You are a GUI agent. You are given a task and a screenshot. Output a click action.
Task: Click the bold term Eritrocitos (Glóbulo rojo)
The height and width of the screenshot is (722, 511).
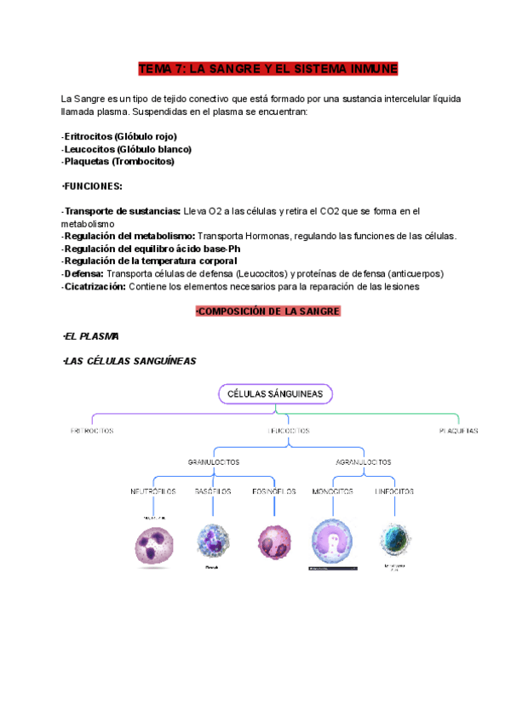click(120, 136)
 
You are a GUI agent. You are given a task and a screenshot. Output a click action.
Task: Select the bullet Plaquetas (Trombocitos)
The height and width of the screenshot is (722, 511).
click(118, 161)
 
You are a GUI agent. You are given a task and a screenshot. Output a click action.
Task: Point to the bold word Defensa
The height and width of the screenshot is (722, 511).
click(83, 273)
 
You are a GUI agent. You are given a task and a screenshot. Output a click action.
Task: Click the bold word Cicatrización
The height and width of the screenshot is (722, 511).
click(94, 286)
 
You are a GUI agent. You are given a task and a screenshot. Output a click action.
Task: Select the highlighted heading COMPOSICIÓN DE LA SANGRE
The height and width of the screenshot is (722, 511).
click(267, 312)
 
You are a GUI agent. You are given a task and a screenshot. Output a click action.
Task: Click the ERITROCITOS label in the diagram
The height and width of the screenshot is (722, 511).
click(92, 431)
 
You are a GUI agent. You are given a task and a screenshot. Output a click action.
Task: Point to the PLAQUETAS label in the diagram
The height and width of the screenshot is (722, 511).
click(458, 431)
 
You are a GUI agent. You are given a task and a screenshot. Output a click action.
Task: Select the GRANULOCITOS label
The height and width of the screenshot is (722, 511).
click(213, 461)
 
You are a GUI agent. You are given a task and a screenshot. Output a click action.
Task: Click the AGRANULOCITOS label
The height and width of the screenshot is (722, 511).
click(364, 461)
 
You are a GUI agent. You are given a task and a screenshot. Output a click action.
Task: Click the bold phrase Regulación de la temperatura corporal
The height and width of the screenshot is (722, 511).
click(150, 261)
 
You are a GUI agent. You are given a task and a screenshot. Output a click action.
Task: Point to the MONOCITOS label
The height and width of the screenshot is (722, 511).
click(333, 491)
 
